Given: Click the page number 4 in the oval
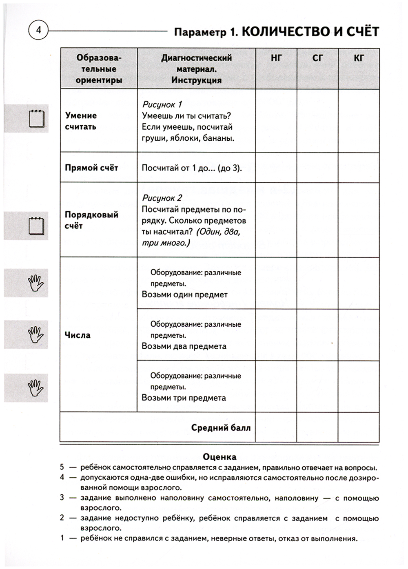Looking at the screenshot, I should (x=39, y=30).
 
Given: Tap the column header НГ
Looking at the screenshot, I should (x=276, y=58).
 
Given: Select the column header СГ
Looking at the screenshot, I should (x=317, y=58).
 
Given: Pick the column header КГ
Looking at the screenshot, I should (x=359, y=58).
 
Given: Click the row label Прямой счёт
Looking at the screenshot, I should (x=91, y=168).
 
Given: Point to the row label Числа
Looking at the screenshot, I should (x=78, y=335).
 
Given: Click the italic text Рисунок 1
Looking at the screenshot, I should (x=162, y=104).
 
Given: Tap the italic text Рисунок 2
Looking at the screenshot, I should (x=162, y=198).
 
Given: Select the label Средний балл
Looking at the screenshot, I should (x=221, y=428).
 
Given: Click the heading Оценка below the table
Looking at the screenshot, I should (x=220, y=457).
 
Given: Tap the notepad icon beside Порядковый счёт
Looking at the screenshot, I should (x=36, y=226).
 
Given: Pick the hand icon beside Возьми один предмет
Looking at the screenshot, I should (x=36, y=283).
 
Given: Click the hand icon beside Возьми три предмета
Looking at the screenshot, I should (x=36, y=388).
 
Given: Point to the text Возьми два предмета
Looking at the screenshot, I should (x=184, y=346).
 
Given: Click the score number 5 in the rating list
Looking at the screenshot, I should (x=62, y=467).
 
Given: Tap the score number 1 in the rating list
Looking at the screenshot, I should (x=62, y=538).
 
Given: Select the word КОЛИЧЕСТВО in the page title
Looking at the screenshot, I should (x=285, y=32).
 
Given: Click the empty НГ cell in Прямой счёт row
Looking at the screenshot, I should (x=276, y=167).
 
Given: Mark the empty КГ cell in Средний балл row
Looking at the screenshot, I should (x=359, y=427).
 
